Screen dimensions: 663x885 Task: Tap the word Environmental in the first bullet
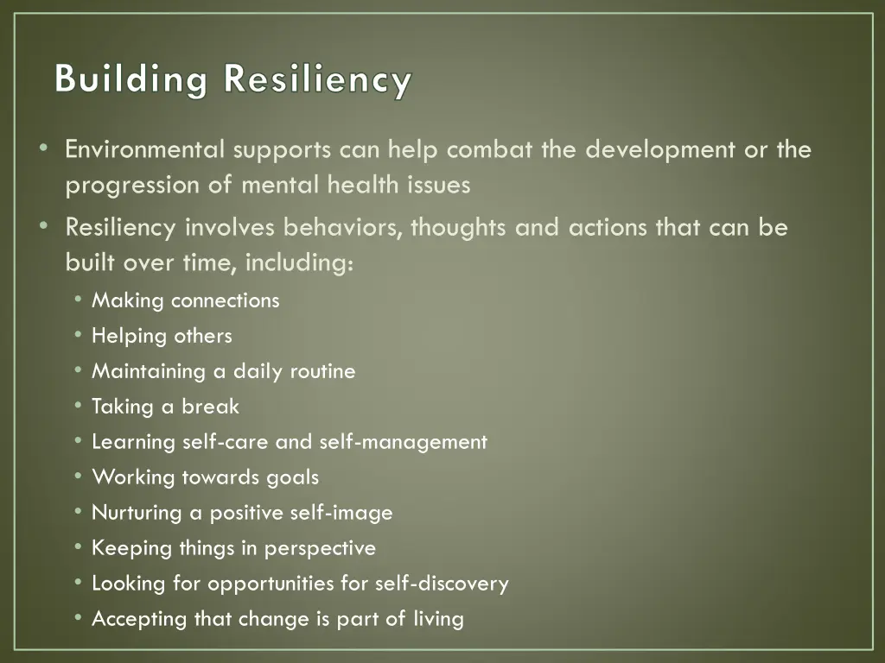144,150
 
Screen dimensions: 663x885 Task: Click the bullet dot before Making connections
79,300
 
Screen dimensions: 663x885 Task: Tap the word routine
322,371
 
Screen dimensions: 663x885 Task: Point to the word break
209,407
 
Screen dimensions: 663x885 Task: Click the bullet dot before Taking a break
79,407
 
